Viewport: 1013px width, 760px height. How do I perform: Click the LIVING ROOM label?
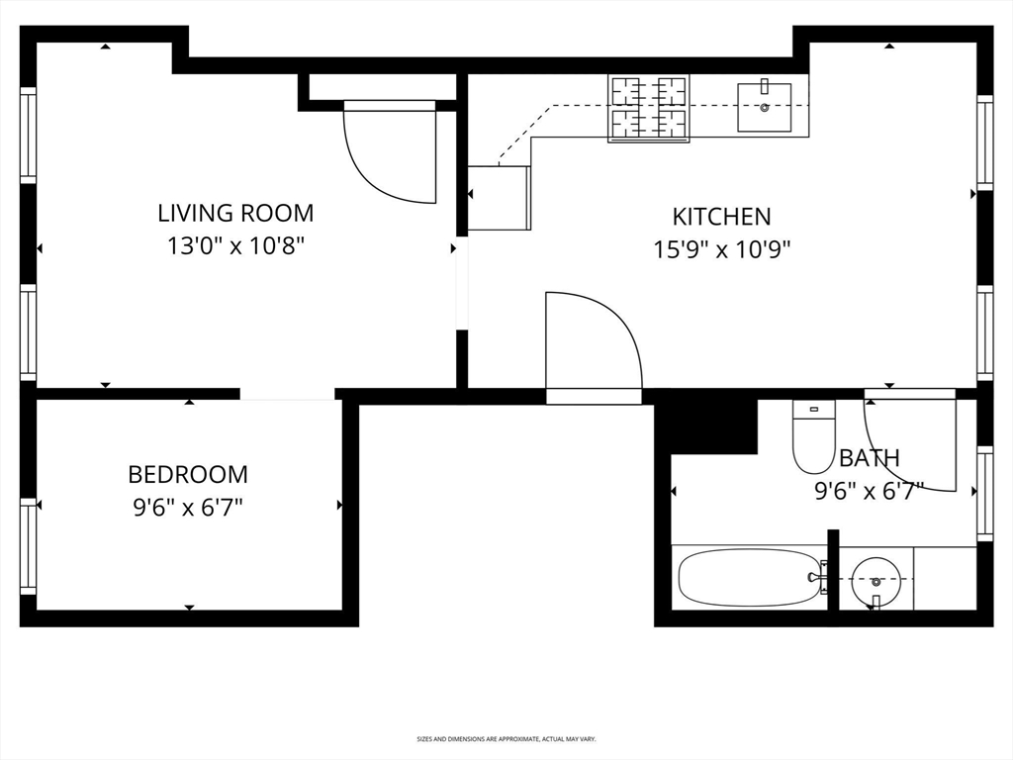(235, 213)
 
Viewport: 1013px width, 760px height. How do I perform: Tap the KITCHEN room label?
(721, 216)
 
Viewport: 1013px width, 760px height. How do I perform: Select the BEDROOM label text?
(188, 474)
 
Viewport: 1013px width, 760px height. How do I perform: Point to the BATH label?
(870, 458)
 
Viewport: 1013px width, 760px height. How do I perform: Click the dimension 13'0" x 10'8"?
(235, 245)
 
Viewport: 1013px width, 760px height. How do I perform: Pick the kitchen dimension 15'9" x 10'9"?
(721, 249)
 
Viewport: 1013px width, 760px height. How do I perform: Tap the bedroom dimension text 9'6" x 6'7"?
(188, 508)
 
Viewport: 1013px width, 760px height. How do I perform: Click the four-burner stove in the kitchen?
(649, 108)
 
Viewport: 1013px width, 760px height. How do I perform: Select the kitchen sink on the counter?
(764, 107)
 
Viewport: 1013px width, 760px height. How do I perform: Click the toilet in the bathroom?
(813, 437)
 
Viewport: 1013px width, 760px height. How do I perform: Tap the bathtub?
(750, 577)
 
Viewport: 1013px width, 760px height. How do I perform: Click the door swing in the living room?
(392, 153)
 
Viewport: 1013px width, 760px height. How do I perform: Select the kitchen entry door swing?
(592, 342)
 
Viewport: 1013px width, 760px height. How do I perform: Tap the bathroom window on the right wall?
(984, 493)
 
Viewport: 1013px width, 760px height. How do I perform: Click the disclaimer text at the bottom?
(506, 738)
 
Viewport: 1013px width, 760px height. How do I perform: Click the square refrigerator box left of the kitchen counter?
(499, 198)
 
